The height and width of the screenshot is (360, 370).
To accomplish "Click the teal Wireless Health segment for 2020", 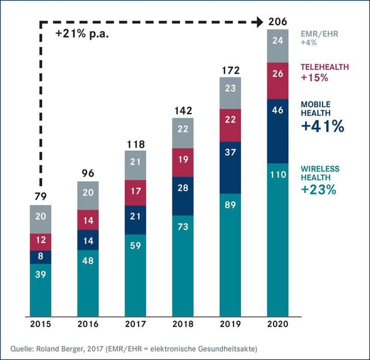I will (x=277, y=238).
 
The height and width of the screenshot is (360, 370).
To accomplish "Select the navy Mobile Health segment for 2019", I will (x=230, y=167).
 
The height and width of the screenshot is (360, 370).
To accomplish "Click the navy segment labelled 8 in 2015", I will (x=41, y=257).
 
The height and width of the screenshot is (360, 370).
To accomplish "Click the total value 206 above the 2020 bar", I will (x=277, y=22).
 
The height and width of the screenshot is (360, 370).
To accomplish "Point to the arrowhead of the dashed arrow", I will (x=259, y=22).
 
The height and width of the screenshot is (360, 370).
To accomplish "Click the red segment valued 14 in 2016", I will (x=88, y=220).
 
